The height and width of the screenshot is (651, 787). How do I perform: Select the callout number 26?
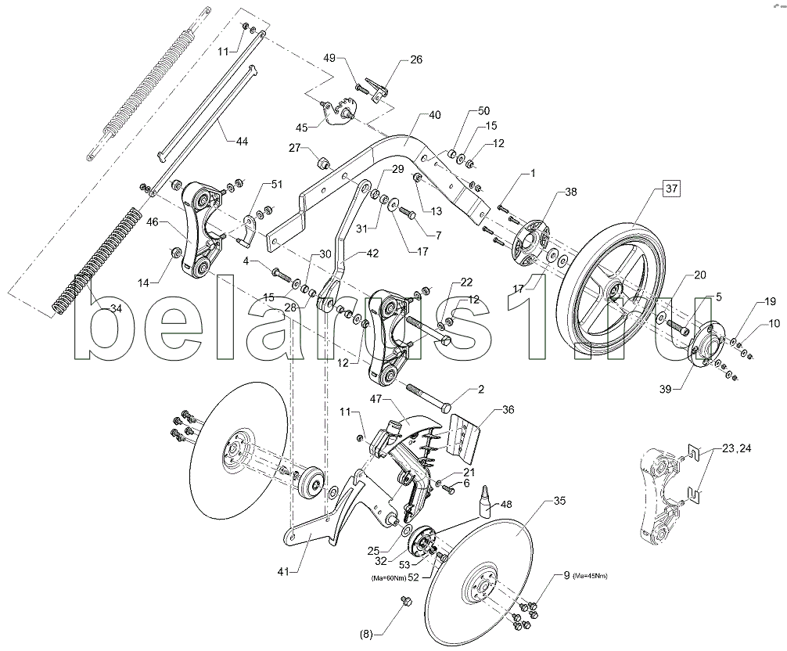pyautogui.click(x=415, y=59)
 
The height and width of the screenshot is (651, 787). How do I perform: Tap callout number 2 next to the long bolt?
pyautogui.click(x=482, y=389)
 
